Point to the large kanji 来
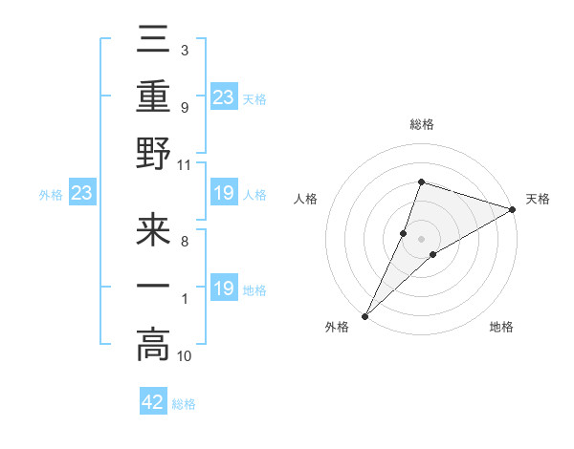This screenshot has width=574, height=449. [153, 233]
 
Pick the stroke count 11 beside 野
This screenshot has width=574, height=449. [185, 164]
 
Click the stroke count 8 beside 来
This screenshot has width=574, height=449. [184, 242]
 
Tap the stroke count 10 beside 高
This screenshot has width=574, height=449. [185, 356]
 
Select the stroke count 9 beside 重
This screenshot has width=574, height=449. [184, 107]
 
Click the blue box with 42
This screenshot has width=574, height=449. [153, 402]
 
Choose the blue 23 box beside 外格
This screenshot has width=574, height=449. [81, 195]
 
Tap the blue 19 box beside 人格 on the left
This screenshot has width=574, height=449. [223, 194]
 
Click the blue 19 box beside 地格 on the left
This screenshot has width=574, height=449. [223, 289]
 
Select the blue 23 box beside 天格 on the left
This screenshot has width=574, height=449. [223, 96]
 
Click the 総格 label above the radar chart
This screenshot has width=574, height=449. [421, 124]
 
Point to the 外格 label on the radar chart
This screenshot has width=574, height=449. [337, 328]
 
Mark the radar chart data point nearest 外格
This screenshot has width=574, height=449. [365, 315]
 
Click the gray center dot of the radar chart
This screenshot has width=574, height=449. [421, 238]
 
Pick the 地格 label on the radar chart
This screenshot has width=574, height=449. [501, 328]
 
